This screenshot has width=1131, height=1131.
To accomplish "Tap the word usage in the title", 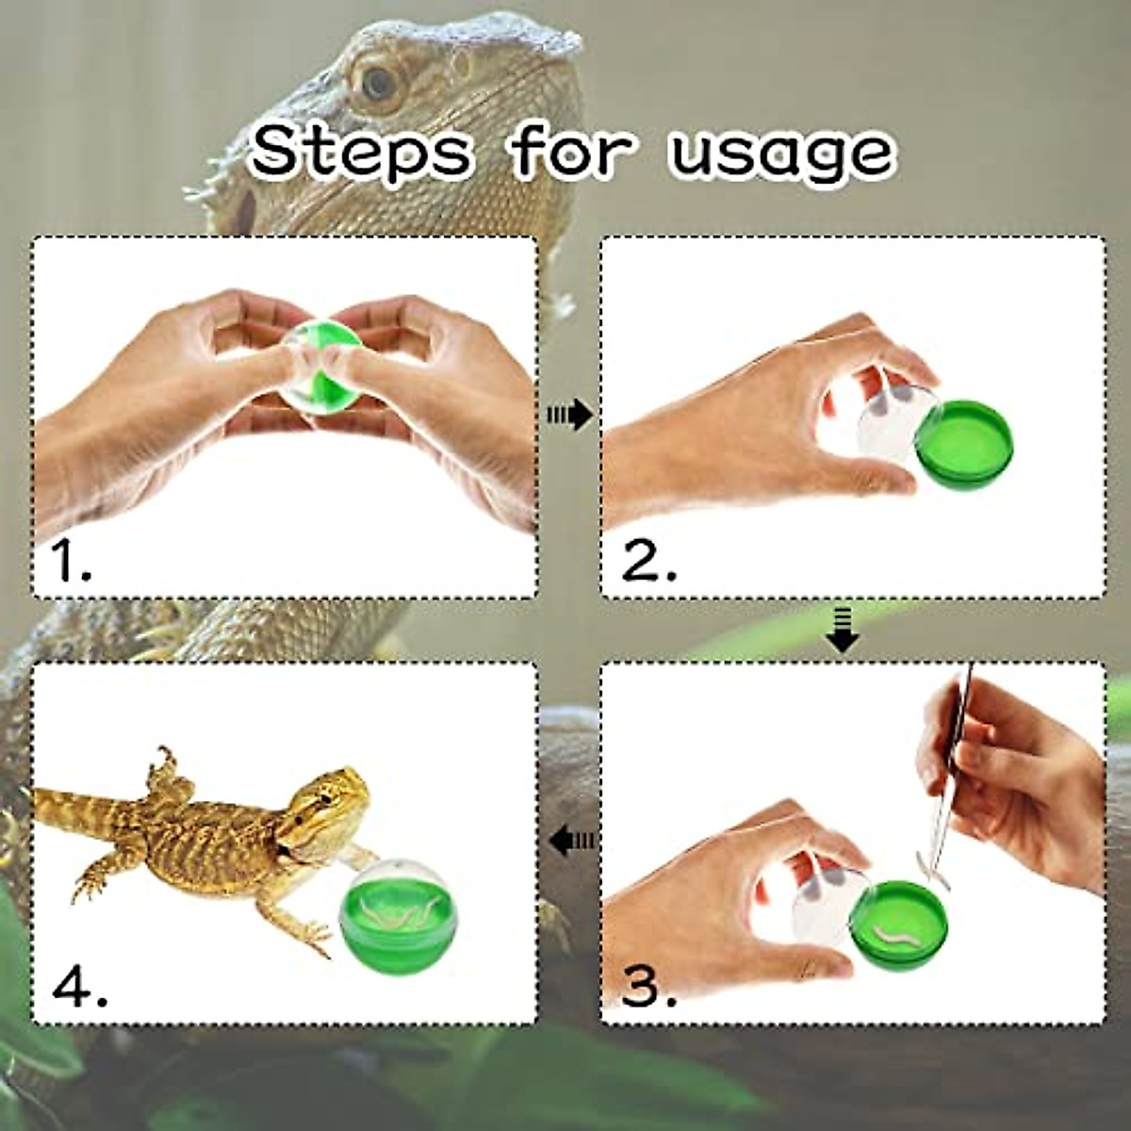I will click(x=781, y=153).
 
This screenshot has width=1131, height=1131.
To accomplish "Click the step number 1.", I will click(x=71, y=562).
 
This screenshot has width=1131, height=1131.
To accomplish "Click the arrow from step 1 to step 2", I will click(x=569, y=414).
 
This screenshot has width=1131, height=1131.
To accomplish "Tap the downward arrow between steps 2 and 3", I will click(x=842, y=630).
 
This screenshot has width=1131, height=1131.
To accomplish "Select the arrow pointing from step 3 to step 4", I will click(x=572, y=838).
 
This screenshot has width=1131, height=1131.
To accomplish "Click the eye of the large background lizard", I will click(x=379, y=83).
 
